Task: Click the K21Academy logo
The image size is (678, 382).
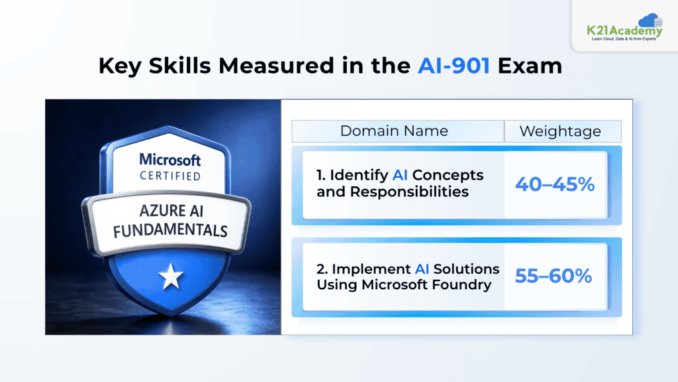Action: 625,27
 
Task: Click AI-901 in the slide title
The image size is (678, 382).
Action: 454,66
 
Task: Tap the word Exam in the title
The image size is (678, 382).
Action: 530,66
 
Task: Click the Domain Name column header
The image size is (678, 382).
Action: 394,131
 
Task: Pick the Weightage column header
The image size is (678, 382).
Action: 560,131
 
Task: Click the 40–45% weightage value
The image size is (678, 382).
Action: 555,184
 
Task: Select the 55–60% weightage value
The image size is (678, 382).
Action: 554,276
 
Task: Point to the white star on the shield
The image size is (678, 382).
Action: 171,277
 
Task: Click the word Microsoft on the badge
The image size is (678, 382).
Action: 170,160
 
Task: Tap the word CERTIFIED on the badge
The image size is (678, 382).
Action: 170,176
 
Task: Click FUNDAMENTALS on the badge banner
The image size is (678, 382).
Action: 170,230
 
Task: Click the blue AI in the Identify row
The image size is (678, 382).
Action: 400,175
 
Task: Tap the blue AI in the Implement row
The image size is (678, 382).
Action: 422,269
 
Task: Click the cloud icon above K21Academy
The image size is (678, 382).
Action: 650,20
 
